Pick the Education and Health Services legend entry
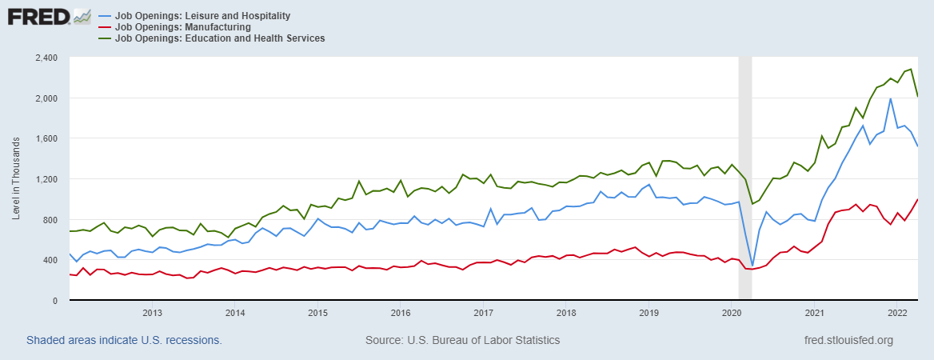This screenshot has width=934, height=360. tap(220, 38)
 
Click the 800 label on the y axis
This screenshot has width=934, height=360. tap(50, 220)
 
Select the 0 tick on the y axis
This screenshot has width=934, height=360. tap(55, 301)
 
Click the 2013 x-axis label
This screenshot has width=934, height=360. tap(152, 312)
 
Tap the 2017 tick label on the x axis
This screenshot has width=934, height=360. tap(483, 312)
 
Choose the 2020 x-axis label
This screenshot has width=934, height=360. tap(732, 312)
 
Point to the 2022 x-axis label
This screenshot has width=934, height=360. tap(897, 312)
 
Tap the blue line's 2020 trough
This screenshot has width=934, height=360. tap(752, 266)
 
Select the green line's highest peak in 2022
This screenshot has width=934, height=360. tap(911, 69)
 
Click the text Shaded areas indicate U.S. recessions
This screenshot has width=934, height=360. tap(124, 340)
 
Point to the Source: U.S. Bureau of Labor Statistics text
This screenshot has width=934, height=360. tap(462, 340)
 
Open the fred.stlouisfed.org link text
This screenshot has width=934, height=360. tap(849, 340)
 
